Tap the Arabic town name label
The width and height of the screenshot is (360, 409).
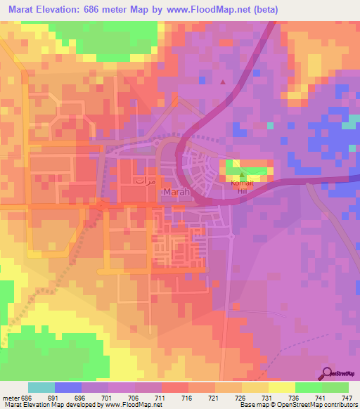pos(145,180)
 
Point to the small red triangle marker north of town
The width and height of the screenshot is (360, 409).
pos(224,82)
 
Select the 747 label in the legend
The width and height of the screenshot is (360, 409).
pos(347,397)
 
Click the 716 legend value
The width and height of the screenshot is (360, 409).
pos(187,397)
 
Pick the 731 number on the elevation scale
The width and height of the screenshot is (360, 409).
pos(267,397)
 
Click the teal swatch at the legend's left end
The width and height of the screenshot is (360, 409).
pos(41,387)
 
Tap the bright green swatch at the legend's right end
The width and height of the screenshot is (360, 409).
pos(335,387)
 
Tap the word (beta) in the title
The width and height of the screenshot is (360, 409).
pos(265,10)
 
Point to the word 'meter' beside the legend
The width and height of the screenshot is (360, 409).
pos(11,397)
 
